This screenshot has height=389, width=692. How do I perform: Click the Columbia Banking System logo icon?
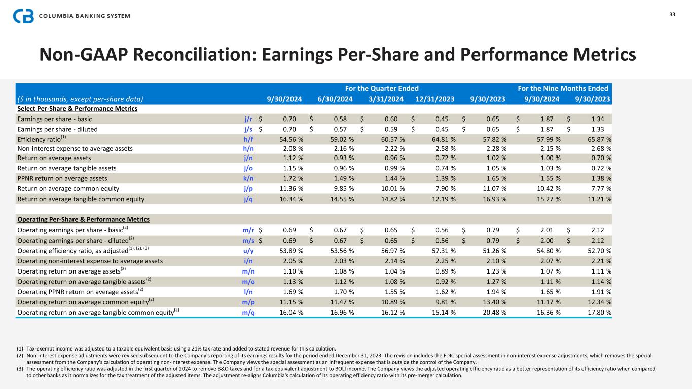pos(23,16)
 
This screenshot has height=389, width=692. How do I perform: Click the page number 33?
pos(672,14)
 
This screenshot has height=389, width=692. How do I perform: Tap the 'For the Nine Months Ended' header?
pos(563,88)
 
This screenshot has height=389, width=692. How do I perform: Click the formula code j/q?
pos(248,199)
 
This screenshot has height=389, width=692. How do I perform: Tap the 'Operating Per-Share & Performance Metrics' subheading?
pos(84,219)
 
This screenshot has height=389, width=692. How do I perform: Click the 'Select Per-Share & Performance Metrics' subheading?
pos(78,108)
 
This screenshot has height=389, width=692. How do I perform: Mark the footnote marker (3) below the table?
pos(20,369)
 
